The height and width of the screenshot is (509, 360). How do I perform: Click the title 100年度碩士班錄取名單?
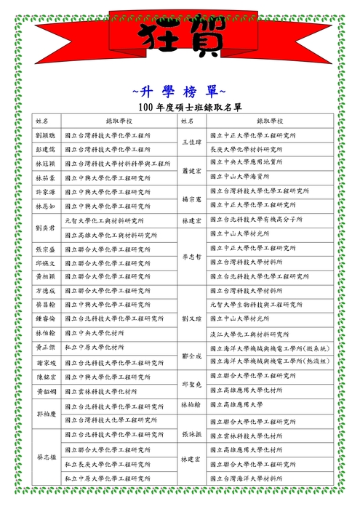pos(180,108)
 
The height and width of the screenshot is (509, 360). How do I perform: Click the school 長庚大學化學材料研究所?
pos(247,149)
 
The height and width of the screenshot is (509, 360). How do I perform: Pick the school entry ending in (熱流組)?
pos(269,361)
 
